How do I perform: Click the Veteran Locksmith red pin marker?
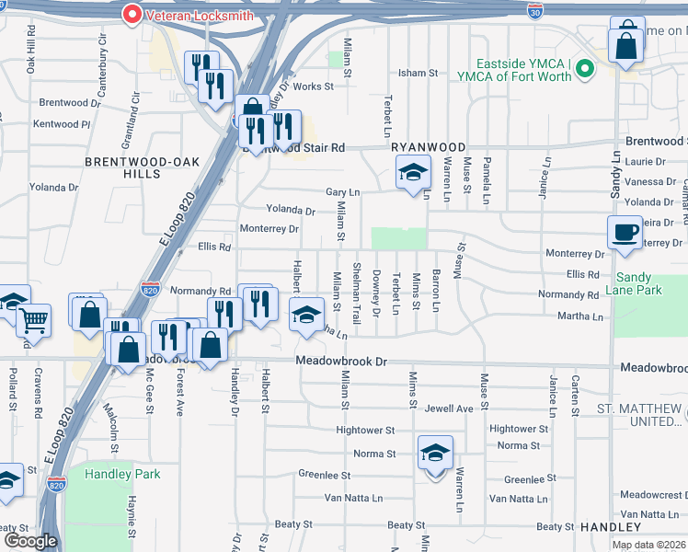coord(132,14)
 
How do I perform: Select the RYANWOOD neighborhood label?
coord(428,147)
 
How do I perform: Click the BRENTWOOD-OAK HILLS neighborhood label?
coord(129,167)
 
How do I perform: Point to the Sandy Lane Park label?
coord(639,283)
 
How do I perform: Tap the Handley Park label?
coord(122,474)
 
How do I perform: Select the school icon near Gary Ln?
coord(413,171)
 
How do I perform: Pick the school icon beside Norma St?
coord(435,452)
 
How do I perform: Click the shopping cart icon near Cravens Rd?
coord(33,320)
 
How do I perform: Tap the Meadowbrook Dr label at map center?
coord(341,362)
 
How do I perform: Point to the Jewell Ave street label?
coord(450,408)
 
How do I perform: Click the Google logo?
coord(29,541)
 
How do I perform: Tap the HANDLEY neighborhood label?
coord(610,527)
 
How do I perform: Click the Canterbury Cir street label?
coord(103,54)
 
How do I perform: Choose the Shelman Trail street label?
coord(357,288)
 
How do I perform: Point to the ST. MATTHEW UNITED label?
coord(640,415)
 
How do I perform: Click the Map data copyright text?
coord(649,545)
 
